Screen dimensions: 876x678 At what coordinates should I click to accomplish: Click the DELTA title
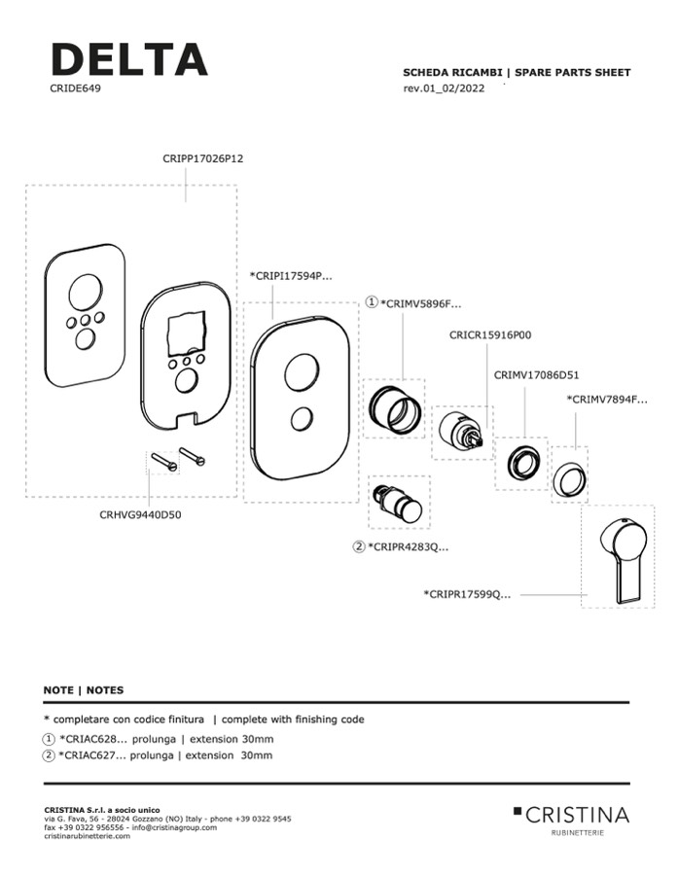[128, 60]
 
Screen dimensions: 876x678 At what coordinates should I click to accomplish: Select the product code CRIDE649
[76, 88]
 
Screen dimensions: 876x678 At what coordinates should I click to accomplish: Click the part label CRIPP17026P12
[203, 158]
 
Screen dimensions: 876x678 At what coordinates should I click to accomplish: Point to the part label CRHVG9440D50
[140, 515]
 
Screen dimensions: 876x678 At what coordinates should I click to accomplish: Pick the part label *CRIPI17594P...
[291, 276]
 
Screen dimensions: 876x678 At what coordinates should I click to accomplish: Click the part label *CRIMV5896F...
[420, 303]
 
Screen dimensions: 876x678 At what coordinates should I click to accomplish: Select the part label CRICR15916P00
[490, 334]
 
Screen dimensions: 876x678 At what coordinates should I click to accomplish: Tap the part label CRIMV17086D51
[537, 374]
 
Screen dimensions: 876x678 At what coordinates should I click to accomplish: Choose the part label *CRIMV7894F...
[606, 399]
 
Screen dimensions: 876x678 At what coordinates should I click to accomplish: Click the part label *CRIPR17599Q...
[467, 593]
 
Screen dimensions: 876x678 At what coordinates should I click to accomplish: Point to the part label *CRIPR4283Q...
[409, 547]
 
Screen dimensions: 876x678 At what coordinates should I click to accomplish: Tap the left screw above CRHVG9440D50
[162, 462]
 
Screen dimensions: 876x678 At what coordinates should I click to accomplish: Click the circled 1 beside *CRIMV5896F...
[372, 303]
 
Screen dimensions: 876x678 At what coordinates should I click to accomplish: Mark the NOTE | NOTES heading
[84, 690]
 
